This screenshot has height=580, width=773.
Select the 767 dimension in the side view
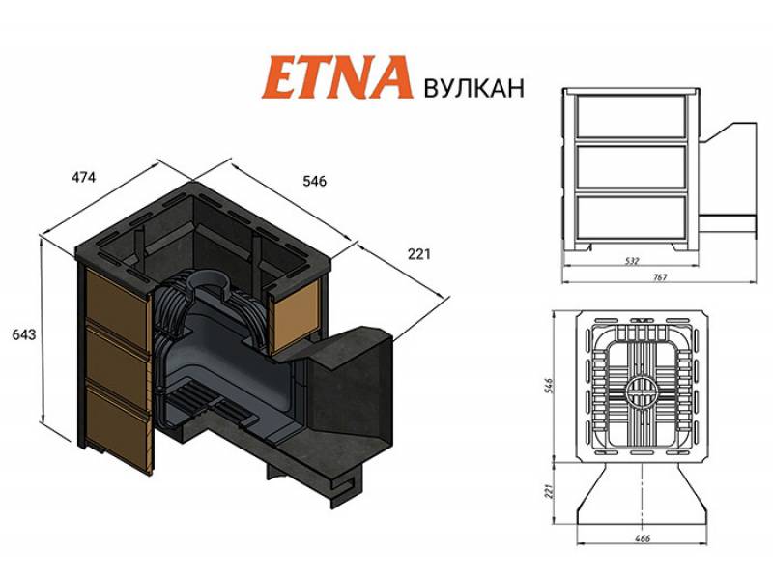[660, 277]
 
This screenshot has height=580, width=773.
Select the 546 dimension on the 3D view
[315, 181]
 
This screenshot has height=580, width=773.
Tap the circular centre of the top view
[637, 392]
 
